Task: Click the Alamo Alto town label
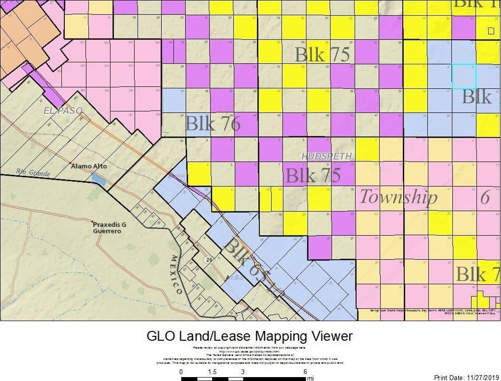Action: [x=90, y=166]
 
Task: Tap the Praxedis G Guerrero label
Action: [x=110, y=227]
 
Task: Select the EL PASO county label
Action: [x=62, y=110]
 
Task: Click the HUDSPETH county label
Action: [x=327, y=156]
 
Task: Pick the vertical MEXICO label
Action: [x=176, y=275]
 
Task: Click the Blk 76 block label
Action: [x=213, y=124]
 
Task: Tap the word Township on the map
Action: [x=398, y=196]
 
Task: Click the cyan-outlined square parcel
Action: [x=464, y=76]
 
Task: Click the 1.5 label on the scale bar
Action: [x=212, y=372]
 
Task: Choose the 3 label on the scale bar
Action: [x=243, y=372]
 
